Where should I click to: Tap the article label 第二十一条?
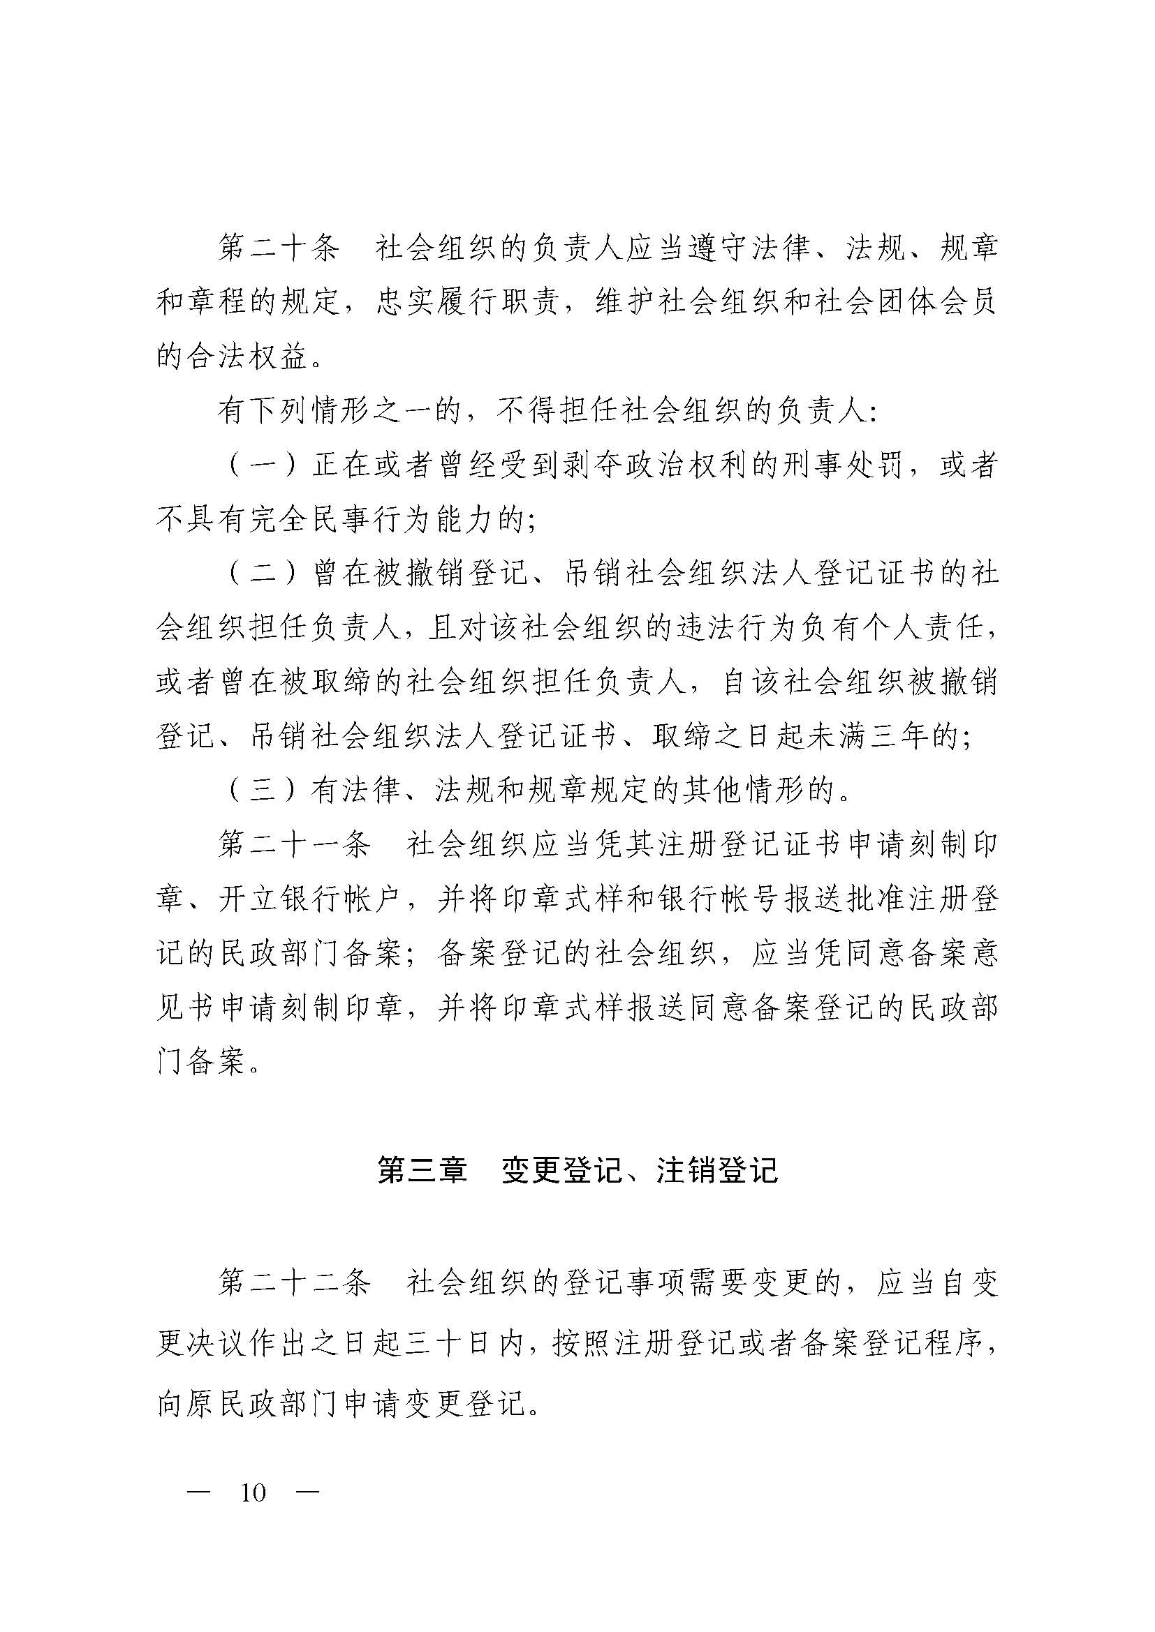pyautogui.click(x=295, y=845)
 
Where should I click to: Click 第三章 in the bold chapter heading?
pyautogui.click(x=422, y=1170)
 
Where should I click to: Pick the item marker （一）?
pyautogui.click(x=263, y=466)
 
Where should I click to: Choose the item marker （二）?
pyautogui.click(x=263, y=574)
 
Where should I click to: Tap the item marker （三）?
pyautogui.click(x=263, y=791)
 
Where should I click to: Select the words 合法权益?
pyautogui.click(x=247, y=357)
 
